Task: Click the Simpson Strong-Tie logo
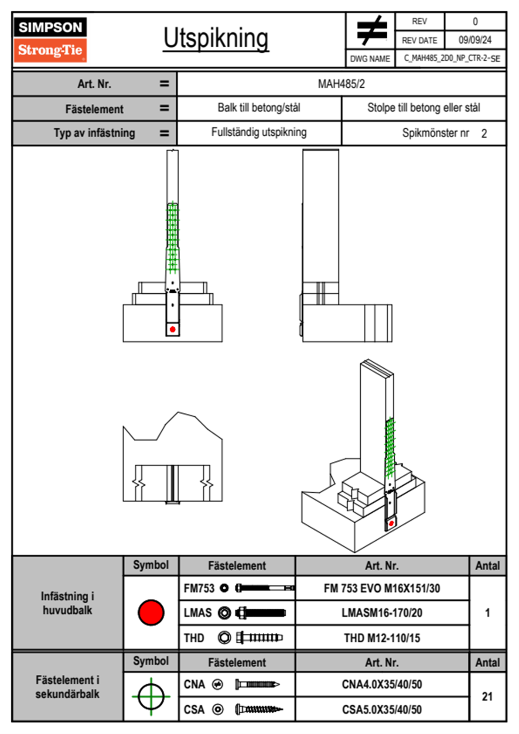(x=50, y=39)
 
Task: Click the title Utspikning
(x=216, y=38)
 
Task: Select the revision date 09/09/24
(x=475, y=40)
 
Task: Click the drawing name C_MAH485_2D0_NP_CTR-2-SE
(x=451, y=58)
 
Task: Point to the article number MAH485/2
(x=341, y=84)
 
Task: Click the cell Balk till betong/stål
(x=259, y=108)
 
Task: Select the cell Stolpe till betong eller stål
(x=423, y=108)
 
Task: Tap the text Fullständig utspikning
(x=259, y=132)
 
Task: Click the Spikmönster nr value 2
(x=484, y=134)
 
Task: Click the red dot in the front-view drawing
(x=173, y=329)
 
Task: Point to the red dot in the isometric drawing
(x=391, y=523)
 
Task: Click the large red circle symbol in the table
(x=151, y=612)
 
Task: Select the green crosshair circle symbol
(x=151, y=696)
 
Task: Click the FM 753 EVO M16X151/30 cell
(x=382, y=589)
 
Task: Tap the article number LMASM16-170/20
(x=382, y=613)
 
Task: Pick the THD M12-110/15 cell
(x=382, y=638)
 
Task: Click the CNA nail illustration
(x=257, y=684)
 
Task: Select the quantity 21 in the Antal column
(x=487, y=696)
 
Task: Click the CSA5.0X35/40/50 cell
(x=382, y=710)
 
